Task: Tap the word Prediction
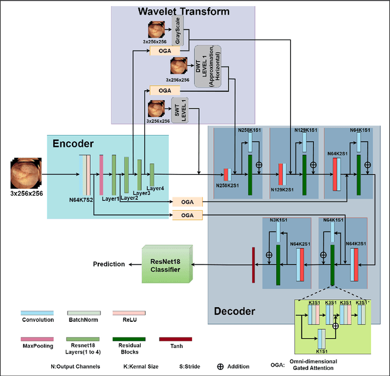[x=108, y=264]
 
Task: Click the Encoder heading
[x=73, y=144]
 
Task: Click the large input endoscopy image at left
[x=26, y=172]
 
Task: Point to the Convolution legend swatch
[x=37, y=313]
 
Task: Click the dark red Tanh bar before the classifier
[x=252, y=264]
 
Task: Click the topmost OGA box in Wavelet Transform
[x=165, y=51]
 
